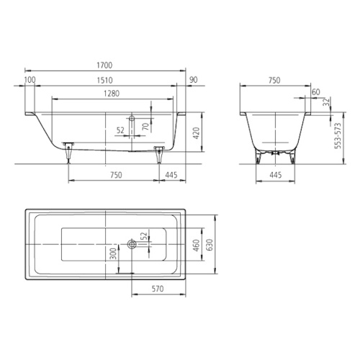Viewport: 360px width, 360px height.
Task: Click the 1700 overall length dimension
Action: point(104,66)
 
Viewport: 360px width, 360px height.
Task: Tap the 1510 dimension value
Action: point(104,80)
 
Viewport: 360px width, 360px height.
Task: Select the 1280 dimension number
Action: point(112,94)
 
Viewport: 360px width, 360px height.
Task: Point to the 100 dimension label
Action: point(30,80)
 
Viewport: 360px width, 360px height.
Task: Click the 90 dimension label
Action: point(194,80)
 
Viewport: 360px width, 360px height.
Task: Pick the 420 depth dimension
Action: point(196,133)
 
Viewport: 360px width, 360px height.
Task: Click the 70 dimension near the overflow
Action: point(145,127)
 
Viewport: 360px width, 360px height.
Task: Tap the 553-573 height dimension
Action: point(338,136)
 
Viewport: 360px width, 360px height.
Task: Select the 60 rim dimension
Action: point(316,92)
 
